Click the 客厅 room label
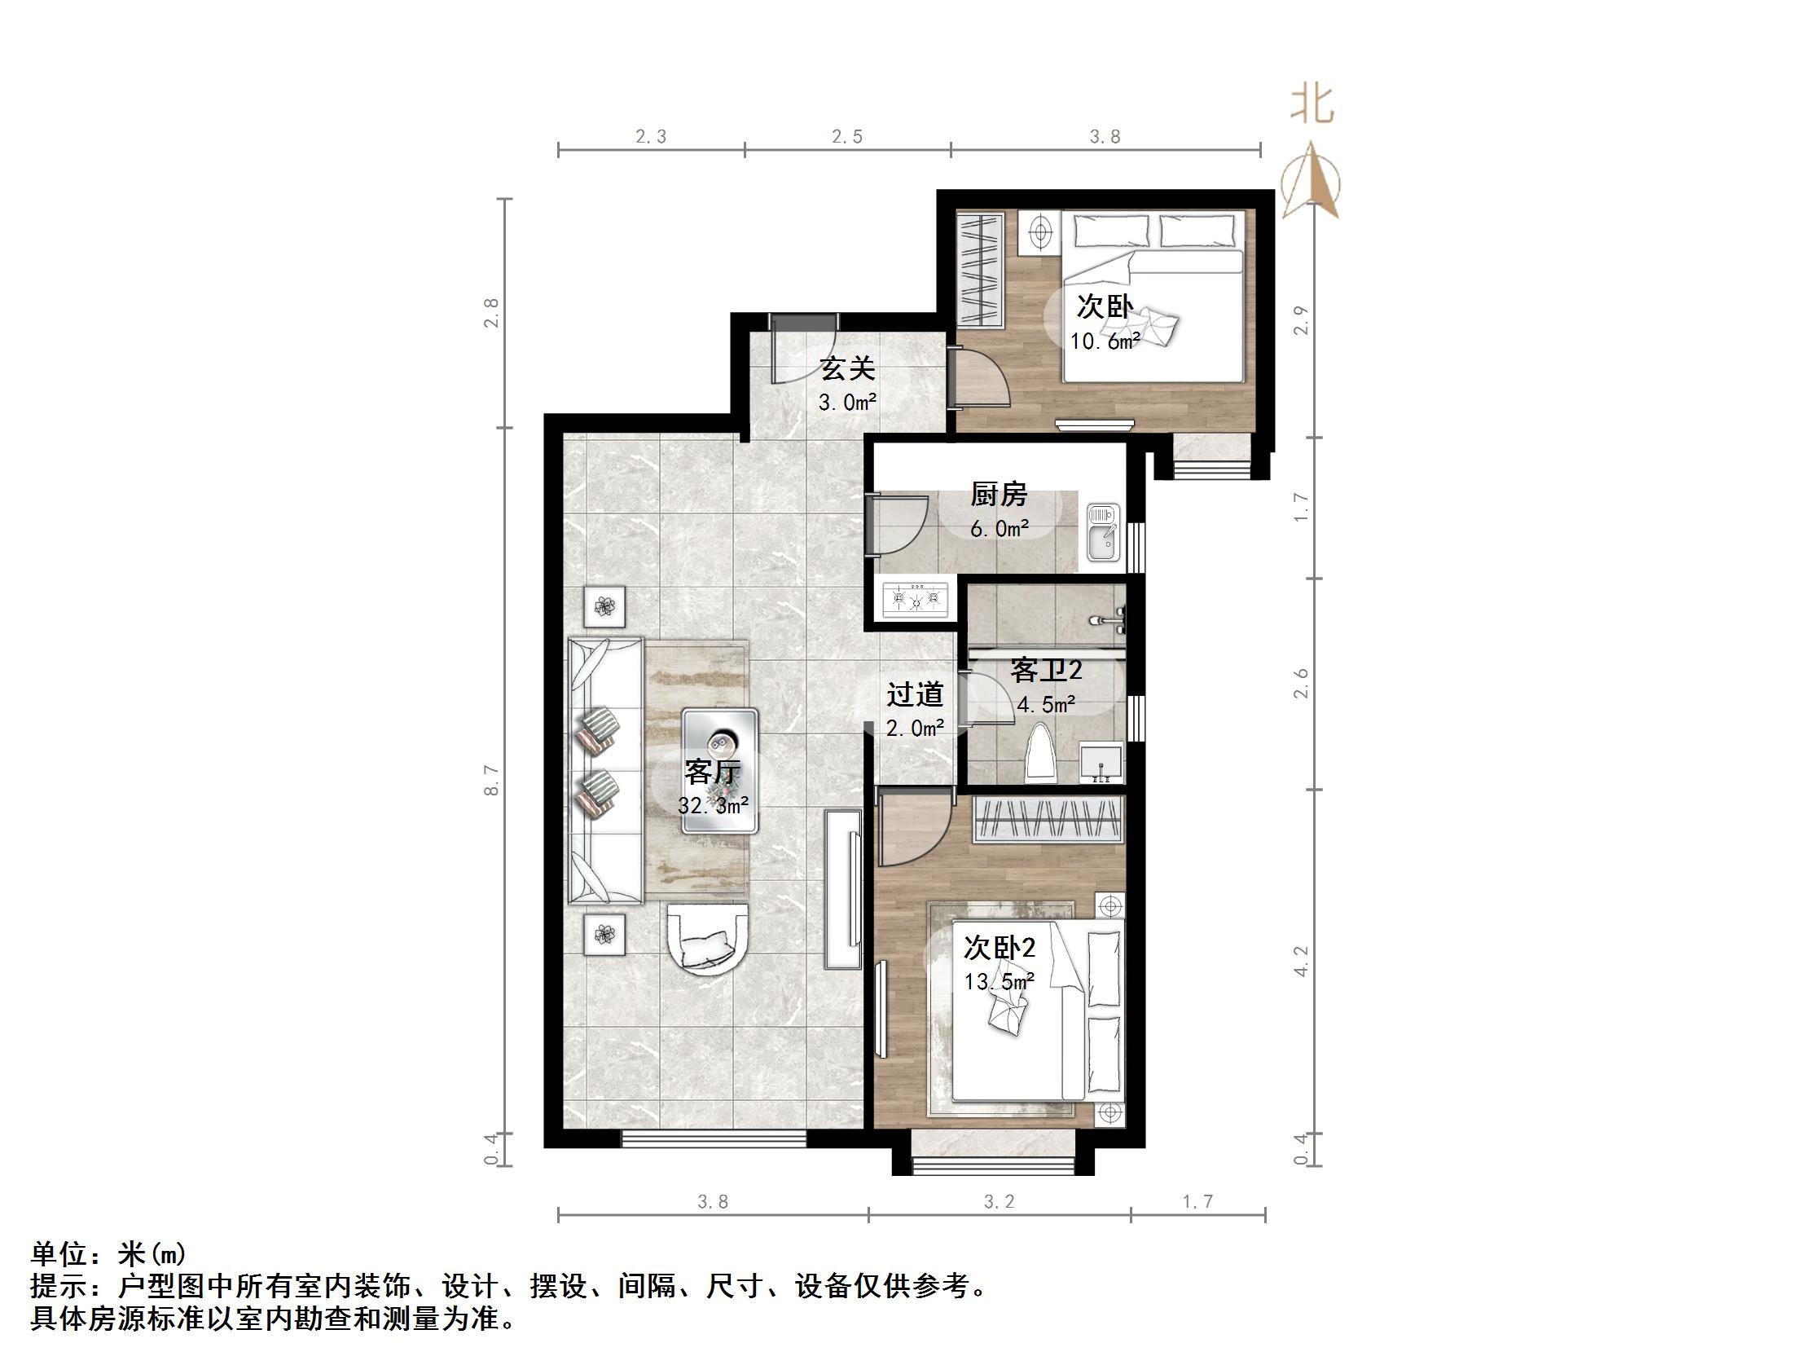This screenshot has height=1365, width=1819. click(x=712, y=772)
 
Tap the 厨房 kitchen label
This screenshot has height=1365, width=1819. click(x=999, y=495)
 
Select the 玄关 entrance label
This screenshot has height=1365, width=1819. click(x=847, y=368)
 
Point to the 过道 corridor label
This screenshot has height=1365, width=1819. click(x=915, y=695)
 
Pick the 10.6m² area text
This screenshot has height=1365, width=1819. click(x=1105, y=341)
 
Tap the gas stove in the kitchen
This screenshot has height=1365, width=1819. click(x=915, y=599)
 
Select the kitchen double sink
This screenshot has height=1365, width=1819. click(x=1102, y=532)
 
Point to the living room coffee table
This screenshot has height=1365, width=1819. click(x=720, y=770)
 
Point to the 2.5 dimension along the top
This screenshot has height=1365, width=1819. click(x=846, y=137)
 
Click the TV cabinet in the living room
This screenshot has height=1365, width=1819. click(x=843, y=887)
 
